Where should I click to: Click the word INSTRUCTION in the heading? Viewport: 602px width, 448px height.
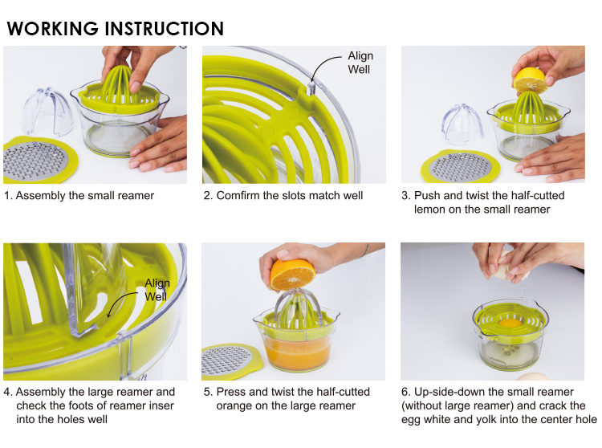pos(164,29)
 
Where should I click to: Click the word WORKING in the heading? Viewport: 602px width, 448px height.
pos(53,29)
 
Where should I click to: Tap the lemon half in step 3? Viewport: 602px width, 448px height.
pos(530,79)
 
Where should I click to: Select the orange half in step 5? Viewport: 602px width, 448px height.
pos(292,275)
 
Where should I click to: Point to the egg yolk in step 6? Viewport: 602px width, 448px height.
pos(510,324)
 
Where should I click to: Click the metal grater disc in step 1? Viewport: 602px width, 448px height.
pos(35,161)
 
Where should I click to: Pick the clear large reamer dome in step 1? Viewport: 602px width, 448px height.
pos(47,111)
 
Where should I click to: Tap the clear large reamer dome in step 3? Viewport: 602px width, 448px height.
pos(462,124)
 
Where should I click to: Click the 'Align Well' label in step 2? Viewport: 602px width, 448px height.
pos(360,63)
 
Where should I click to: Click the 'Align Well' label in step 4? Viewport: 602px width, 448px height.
pos(157,290)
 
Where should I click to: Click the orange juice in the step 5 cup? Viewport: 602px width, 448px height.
pos(298,352)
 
